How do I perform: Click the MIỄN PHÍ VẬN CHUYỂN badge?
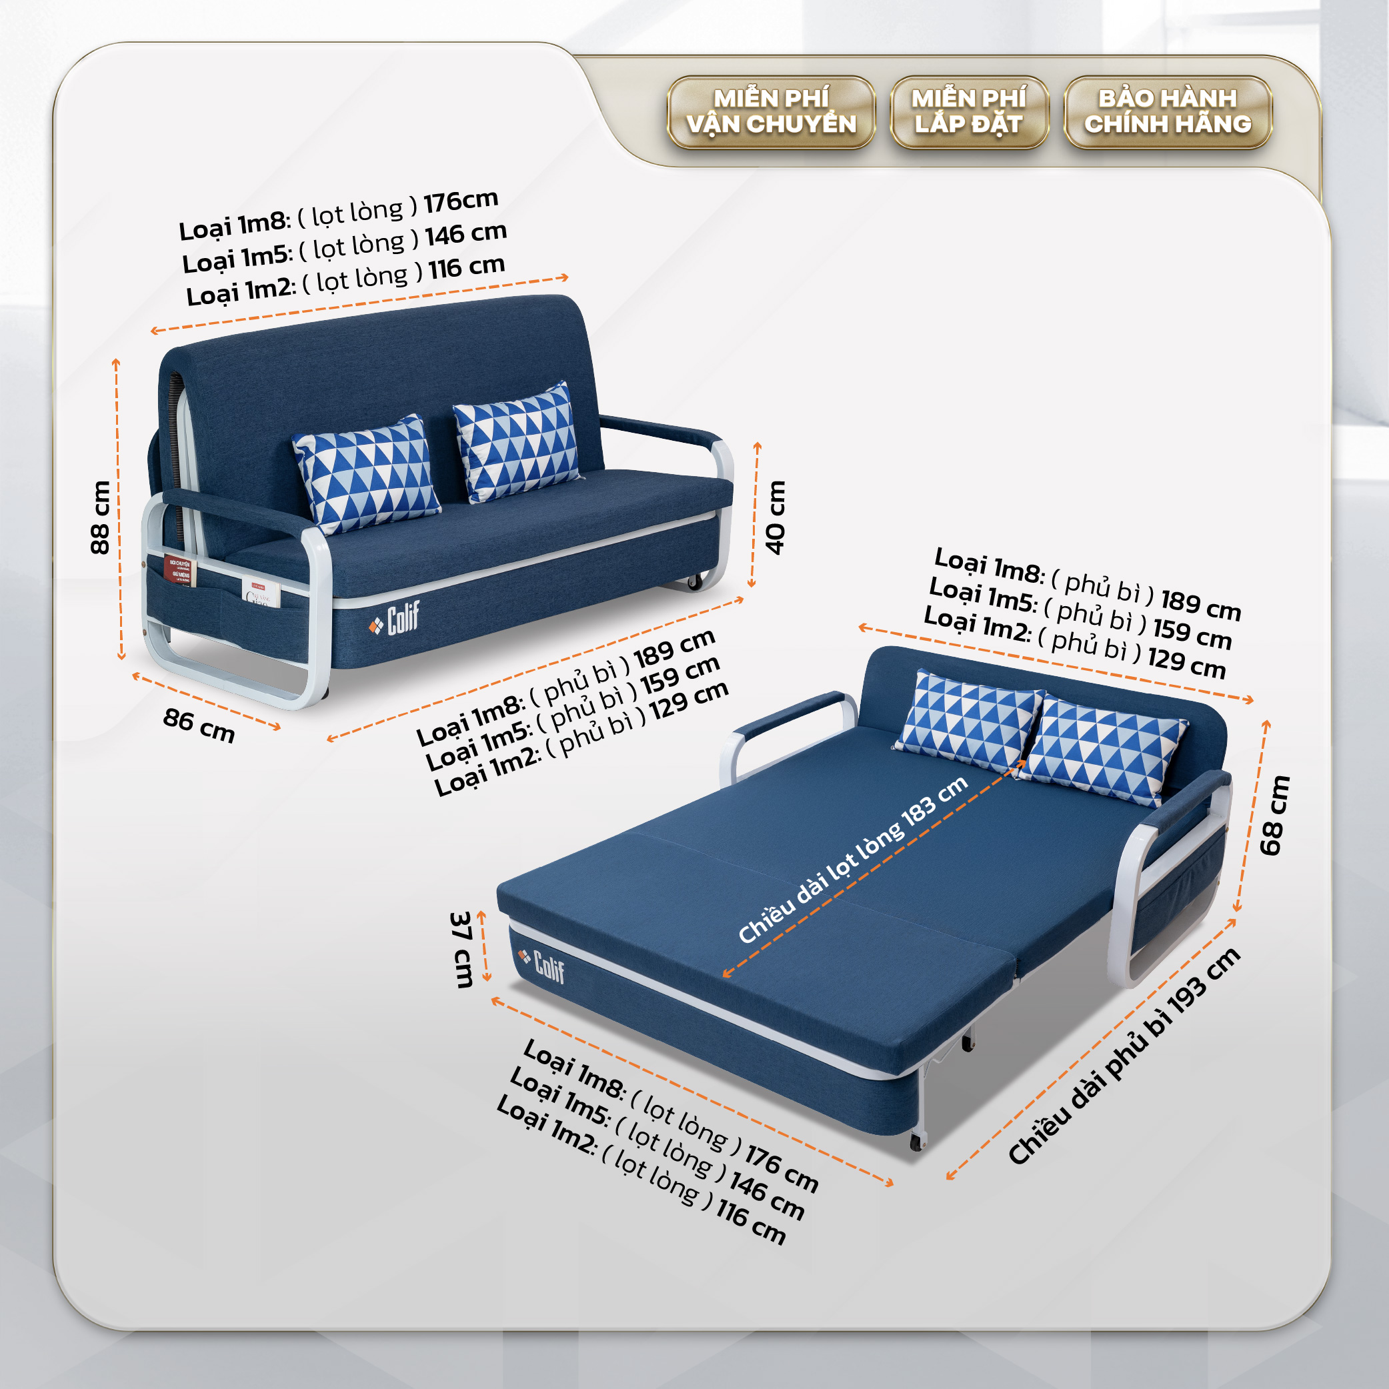tap(771, 112)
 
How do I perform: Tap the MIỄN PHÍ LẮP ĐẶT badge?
tap(969, 112)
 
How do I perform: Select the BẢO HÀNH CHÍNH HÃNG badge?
tap(1168, 112)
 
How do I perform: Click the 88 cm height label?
tap(101, 517)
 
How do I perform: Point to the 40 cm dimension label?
tap(775, 517)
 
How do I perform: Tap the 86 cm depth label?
tap(199, 725)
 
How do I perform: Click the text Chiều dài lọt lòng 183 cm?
tap(853, 859)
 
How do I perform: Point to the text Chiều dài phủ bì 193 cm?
tap(1124, 1056)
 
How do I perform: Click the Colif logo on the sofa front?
tap(394, 619)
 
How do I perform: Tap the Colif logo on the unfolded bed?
tap(541, 965)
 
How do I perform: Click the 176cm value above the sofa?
tap(461, 201)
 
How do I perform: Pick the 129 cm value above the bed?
tap(1186, 663)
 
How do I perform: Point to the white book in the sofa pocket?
tap(261, 591)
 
